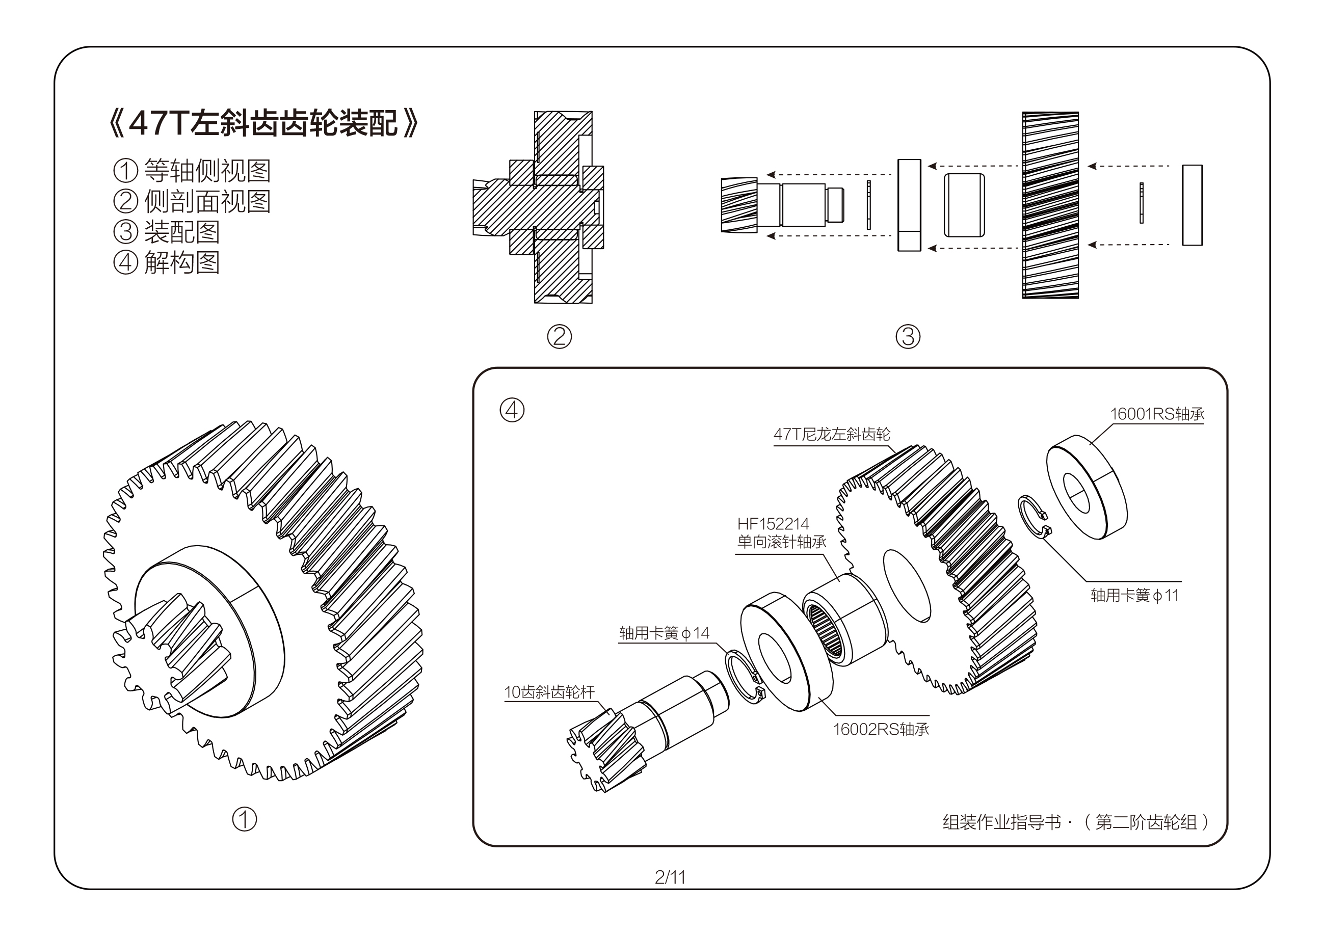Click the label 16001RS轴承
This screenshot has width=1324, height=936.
(1156, 414)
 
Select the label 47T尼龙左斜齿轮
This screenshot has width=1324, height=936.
(831, 434)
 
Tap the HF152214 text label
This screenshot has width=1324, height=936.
(773, 524)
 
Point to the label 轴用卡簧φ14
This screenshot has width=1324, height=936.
(664, 633)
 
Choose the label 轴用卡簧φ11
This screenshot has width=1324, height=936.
(1134, 595)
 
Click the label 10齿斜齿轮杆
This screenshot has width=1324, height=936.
(548, 692)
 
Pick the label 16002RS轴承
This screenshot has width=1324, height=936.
(880, 730)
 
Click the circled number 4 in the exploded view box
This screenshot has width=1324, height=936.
(512, 410)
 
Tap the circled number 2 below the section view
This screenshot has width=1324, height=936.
(559, 337)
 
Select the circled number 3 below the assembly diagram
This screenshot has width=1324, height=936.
(907, 337)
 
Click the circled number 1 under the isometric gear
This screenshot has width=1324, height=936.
(244, 819)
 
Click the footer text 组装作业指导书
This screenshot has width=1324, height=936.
(1001, 822)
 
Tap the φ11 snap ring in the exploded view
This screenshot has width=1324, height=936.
(1032, 517)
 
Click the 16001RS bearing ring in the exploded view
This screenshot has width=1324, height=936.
(1087, 487)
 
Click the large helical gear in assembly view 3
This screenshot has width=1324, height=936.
(1050, 205)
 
